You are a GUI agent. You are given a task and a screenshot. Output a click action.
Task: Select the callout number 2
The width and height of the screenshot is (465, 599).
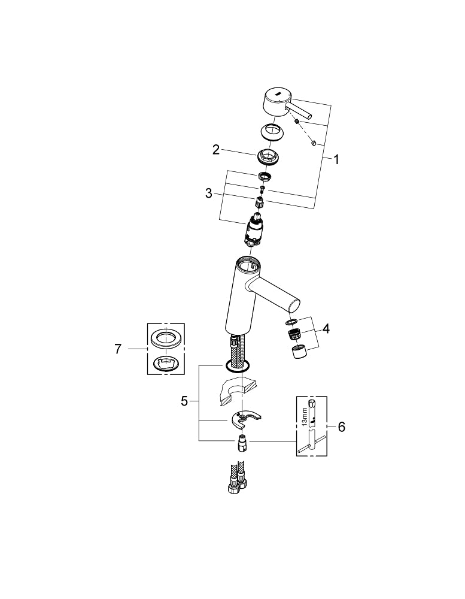tap(216, 150)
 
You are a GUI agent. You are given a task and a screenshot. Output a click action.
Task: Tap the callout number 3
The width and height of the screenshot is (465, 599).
tap(208, 193)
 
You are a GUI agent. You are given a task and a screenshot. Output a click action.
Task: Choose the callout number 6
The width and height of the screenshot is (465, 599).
tap(341, 426)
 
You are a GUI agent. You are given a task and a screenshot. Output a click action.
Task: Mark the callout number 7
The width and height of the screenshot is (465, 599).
tap(118, 349)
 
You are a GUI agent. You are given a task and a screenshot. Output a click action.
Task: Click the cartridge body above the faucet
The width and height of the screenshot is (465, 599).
tap(256, 230)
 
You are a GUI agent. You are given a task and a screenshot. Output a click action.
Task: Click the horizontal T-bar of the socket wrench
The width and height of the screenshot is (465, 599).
tap(312, 444)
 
